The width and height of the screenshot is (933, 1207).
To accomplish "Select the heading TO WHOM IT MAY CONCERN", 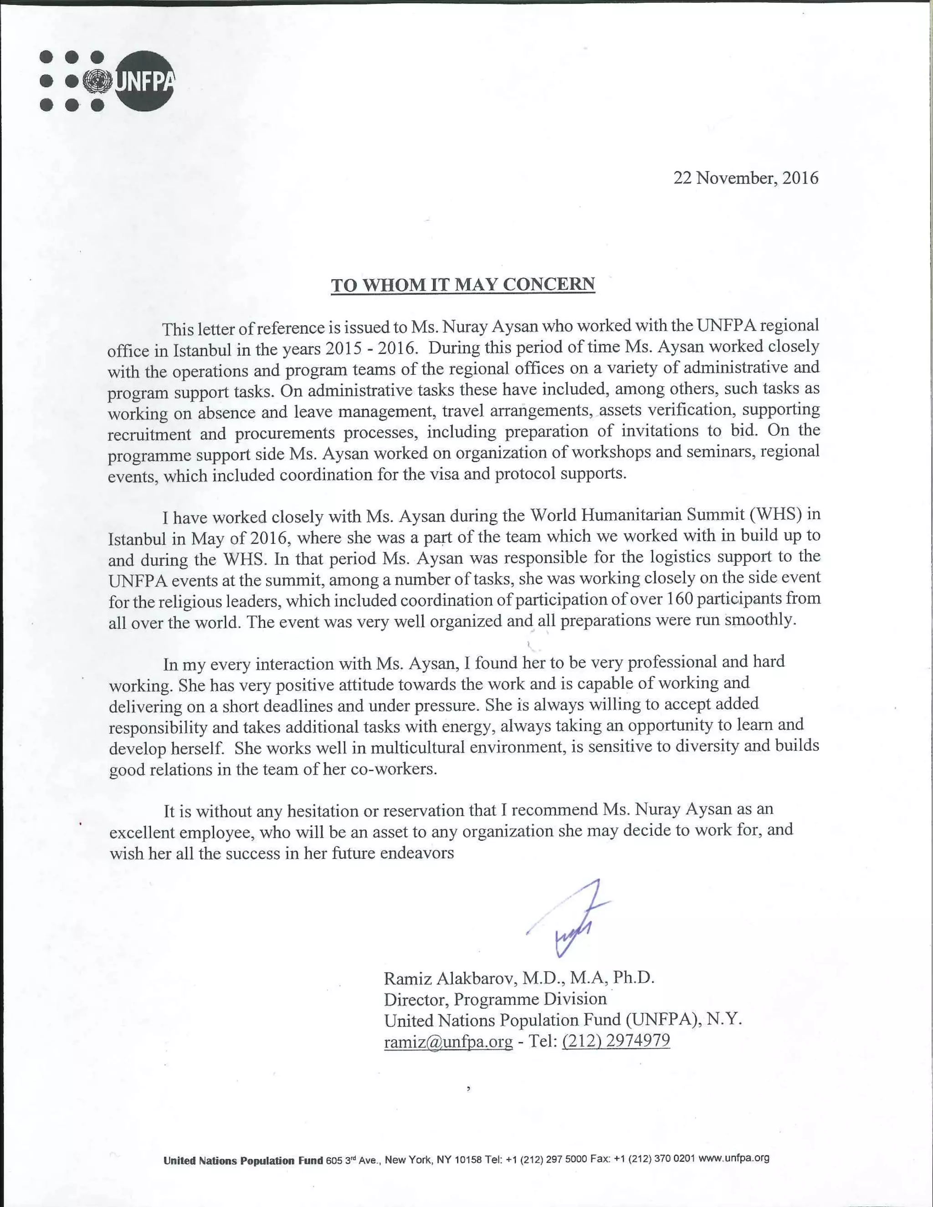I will (463, 285).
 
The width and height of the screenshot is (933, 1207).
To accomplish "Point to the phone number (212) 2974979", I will (616, 1041).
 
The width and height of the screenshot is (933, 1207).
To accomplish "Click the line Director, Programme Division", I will (495, 999).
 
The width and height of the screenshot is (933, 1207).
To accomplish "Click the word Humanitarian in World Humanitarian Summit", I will (629, 515).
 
